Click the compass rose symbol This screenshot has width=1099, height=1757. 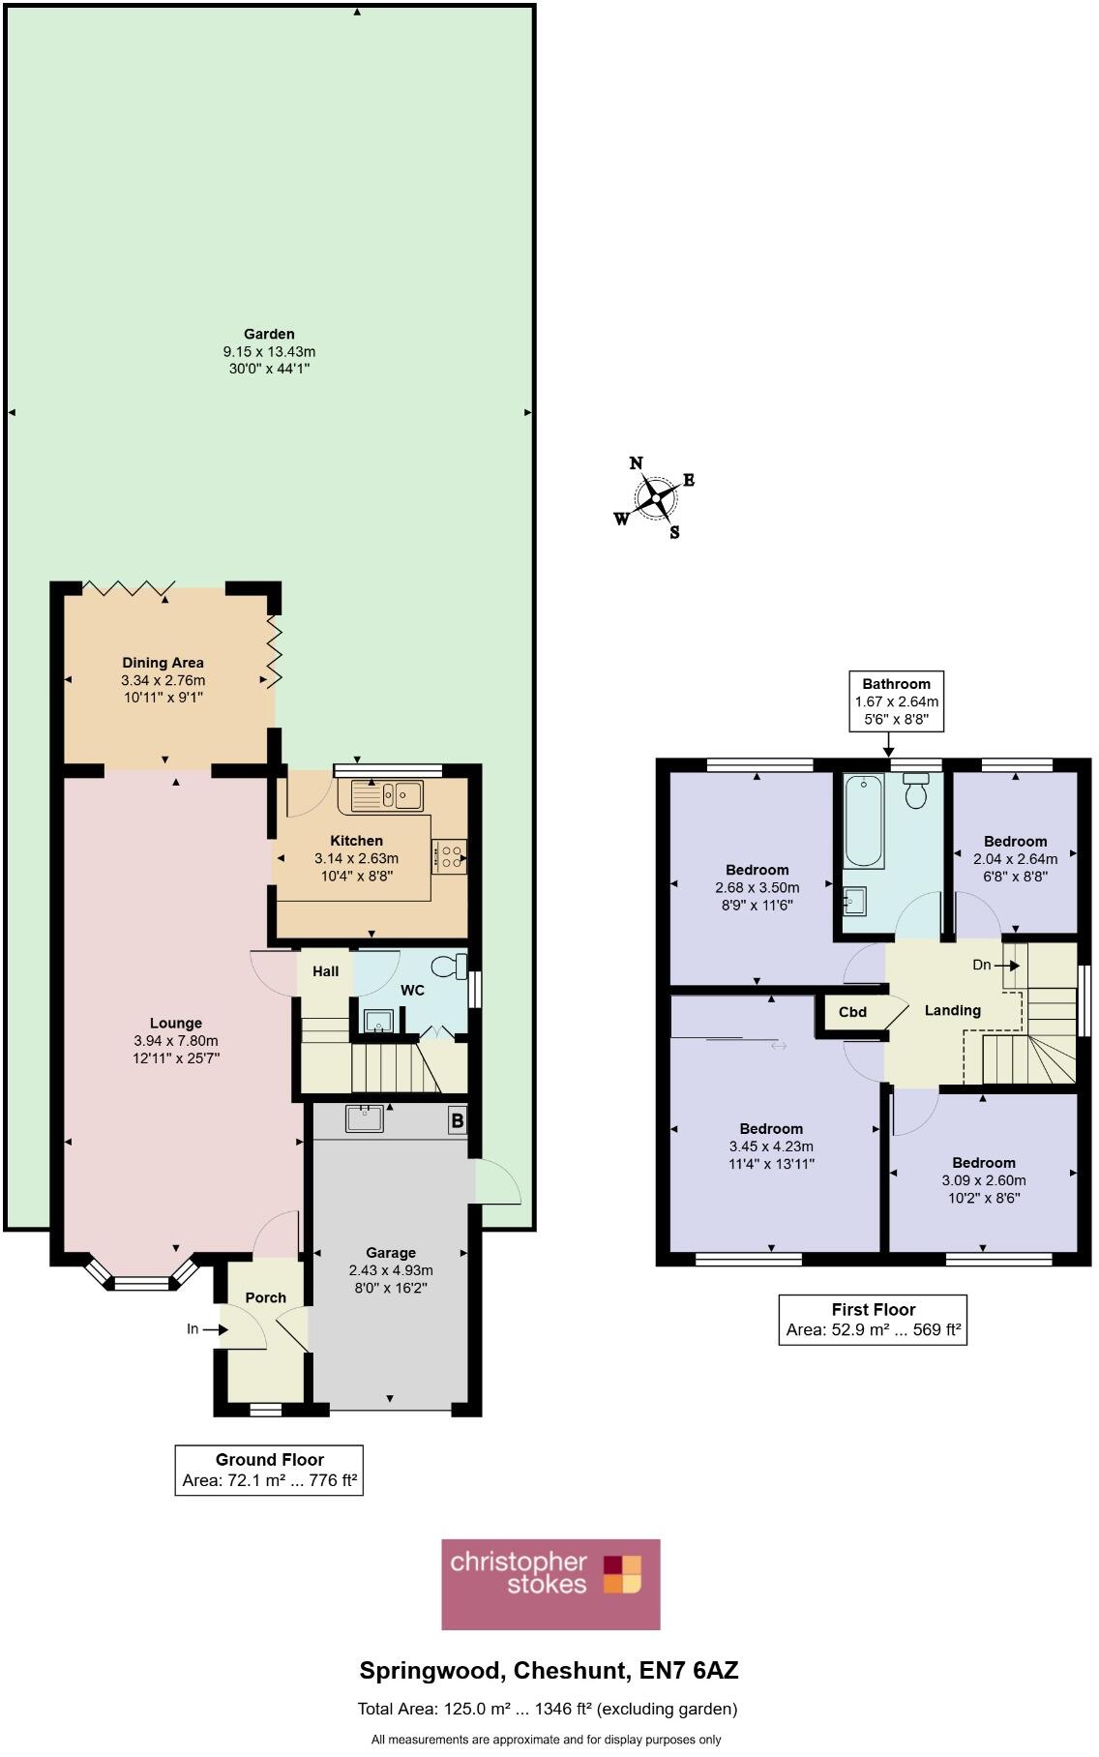click(x=657, y=497)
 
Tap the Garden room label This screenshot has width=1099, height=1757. click(x=269, y=334)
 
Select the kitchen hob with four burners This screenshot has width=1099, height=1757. click(x=450, y=856)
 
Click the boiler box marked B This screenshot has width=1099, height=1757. click(x=457, y=1121)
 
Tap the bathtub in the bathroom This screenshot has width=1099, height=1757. click(x=864, y=821)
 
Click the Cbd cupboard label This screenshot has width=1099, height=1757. click(x=852, y=1012)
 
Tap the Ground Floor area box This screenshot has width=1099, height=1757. click(x=269, y=1470)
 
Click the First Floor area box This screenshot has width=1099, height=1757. click(x=873, y=1319)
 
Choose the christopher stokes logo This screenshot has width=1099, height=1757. click(x=550, y=1584)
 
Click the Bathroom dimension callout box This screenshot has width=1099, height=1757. click(x=896, y=701)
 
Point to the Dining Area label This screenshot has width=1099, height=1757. click(x=163, y=663)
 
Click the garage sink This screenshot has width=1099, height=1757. click(x=365, y=1118)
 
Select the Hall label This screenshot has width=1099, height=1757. click(x=325, y=970)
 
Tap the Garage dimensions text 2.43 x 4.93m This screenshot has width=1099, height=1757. click(x=391, y=1270)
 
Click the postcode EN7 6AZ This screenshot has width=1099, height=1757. click(x=690, y=1671)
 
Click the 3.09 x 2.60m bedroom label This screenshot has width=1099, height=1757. click(x=983, y=1180)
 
